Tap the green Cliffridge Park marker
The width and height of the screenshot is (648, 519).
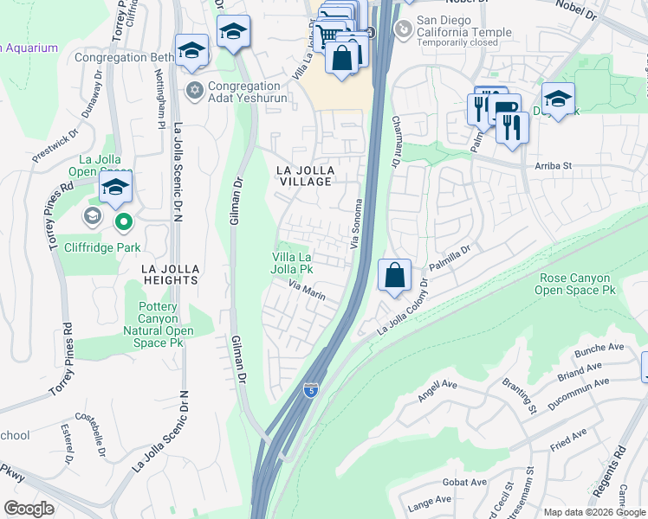pyautogui.click(x=123, y=223)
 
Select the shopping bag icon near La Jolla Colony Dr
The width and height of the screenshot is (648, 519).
pyautogui.click(x=394, y=276)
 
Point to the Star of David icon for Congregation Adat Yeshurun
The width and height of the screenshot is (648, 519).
pyautogui.click(x=195, y=90)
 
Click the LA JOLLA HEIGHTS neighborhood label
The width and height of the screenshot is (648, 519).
pyautogui.click(x=172, y=274)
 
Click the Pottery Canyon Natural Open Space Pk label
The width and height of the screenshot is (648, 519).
pyautogui.click(x=158, y=324)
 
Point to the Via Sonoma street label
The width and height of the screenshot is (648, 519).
pyautogui.click(x=356, y=224)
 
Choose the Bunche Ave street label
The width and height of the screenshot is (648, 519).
pyautogui.click(x=599, y=351)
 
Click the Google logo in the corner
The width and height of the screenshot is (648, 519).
pyautogui.click(x=29, y=508)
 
